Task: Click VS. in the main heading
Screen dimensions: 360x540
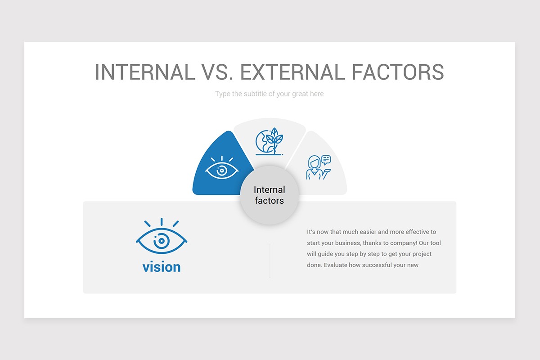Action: click(218, 72)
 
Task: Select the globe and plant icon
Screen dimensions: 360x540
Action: click(269, 142)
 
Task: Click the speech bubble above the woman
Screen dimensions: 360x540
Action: click(326, 159)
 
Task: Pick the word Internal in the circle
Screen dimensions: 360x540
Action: click(269, 189)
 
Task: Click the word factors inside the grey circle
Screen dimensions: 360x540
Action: click(269, 201)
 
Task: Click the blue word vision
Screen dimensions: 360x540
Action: click(162, 267)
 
